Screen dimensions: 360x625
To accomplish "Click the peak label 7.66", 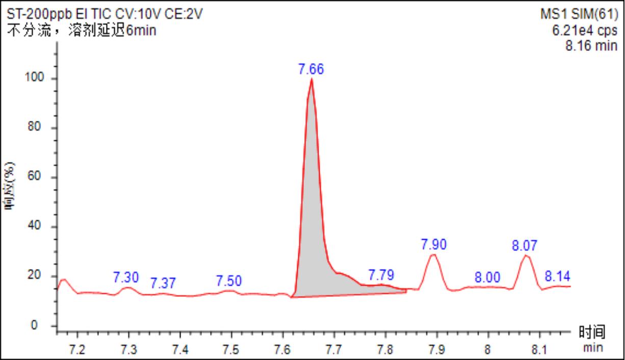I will pos(311,69).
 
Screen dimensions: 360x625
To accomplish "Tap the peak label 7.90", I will pos(434,244).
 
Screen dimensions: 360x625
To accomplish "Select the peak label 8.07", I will pos(525,246).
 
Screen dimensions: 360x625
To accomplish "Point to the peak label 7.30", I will pos(126,277).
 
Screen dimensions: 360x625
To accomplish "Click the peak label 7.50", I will pos(229,280).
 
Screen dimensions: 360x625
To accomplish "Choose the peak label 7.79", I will pos(381,275).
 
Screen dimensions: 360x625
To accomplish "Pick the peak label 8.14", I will pos(557,276).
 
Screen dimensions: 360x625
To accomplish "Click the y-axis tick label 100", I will pos(39,79).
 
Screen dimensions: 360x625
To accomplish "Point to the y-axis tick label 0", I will pos(44,325).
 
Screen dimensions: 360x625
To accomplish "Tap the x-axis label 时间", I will pos(592,333).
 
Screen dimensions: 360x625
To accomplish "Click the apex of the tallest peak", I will pos(311,79).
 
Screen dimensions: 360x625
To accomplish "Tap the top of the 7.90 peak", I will pos(434,254).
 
